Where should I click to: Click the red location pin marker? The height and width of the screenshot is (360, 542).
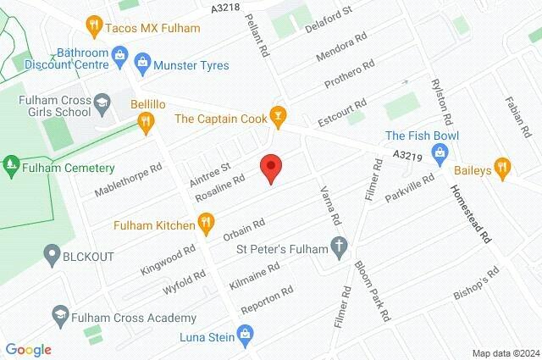click(270, 168)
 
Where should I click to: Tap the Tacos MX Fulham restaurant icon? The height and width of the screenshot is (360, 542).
click(95, 26)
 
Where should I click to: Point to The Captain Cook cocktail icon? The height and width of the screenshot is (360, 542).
click(276, 114)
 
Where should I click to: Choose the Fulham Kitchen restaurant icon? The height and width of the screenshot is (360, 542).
click(205, 224)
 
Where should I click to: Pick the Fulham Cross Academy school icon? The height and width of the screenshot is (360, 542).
click(59, 317)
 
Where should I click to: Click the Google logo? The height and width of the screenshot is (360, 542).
click(27, 349)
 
